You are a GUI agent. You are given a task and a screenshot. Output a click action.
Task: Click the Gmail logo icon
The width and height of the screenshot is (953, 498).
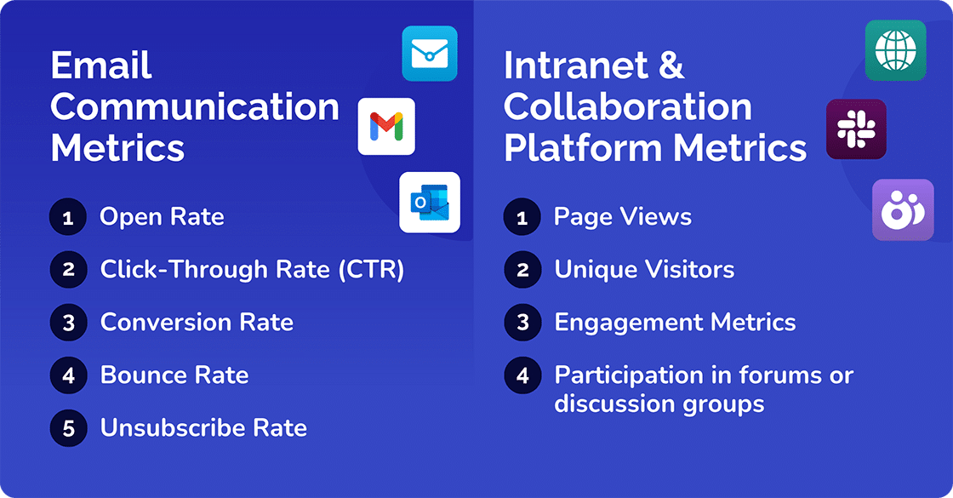(386, 126)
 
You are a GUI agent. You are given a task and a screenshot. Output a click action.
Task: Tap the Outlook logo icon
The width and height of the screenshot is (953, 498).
(430, 203)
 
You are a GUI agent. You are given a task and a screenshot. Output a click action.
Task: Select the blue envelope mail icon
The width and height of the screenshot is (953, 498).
(430, 54)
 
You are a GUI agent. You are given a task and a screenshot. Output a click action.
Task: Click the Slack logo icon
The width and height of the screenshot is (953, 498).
(856, 129)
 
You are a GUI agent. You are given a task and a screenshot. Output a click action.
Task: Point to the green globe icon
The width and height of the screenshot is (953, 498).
(895, 50)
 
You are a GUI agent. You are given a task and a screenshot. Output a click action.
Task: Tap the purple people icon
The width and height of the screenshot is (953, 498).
(903, 209)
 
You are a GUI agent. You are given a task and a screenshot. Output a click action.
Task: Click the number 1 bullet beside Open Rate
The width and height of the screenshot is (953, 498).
(68, 217)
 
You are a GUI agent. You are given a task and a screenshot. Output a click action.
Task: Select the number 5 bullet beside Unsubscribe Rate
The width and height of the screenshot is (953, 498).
(68, 428)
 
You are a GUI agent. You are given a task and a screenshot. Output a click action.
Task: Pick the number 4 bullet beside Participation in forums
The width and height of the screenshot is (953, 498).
(522, 375)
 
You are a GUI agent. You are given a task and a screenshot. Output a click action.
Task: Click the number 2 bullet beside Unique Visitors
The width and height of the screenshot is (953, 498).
(522, 270)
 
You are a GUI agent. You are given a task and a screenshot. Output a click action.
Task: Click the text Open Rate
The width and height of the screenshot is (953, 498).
(162, 217)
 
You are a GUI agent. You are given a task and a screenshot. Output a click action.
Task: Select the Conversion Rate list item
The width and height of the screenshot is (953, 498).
(197, 323)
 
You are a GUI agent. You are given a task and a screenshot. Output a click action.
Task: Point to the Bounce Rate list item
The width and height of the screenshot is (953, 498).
(174, 375)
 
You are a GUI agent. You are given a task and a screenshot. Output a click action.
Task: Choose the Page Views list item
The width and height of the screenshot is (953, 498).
(623, 217)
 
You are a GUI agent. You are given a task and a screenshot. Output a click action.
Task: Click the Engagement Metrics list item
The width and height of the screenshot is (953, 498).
(675, 323)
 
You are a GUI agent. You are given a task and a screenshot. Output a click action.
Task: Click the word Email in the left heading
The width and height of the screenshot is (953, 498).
(101, 66)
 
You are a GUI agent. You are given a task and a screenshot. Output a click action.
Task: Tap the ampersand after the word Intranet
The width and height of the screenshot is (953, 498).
(671, 66)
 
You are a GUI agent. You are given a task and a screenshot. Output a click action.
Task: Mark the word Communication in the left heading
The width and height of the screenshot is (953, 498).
(195, 107)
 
